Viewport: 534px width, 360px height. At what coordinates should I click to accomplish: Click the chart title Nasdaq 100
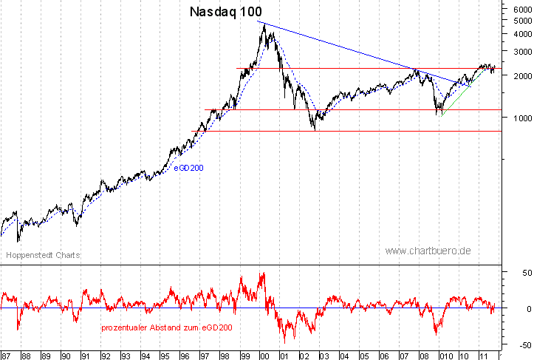[x=225, y=12]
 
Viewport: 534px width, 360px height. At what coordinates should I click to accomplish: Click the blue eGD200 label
[x=188, y=168]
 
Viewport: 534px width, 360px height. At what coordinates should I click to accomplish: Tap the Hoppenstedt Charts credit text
[x=43, y=255]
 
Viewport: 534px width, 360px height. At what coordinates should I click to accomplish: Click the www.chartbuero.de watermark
[x=428, y=251]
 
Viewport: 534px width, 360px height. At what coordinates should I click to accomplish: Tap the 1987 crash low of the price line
[x=18, y=240]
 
